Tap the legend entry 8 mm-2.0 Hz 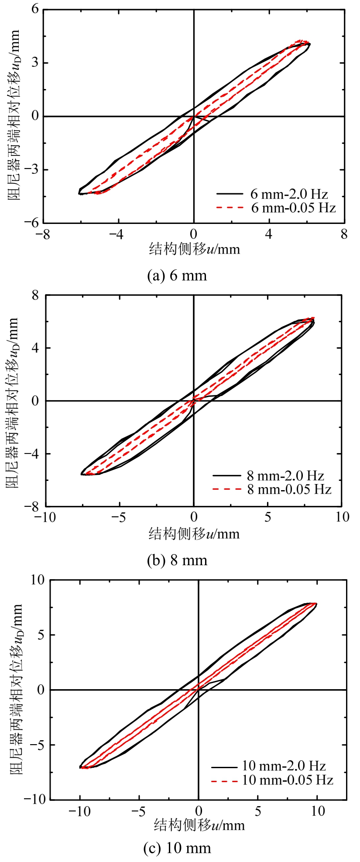click(x=285, y=475)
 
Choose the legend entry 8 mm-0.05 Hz click(x=289, y=489)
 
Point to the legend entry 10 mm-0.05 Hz click(x=288, y=780)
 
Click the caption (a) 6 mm click(x=177, y=275)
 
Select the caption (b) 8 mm click(x=177, y=560)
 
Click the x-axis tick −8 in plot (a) click(x=43, y=235)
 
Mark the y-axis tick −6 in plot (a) click(x=31, y=223)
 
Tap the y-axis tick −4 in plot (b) click(x=31, y=454)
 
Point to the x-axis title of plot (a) click(x=194, y=249)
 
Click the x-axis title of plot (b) click(x=194, y=533)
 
